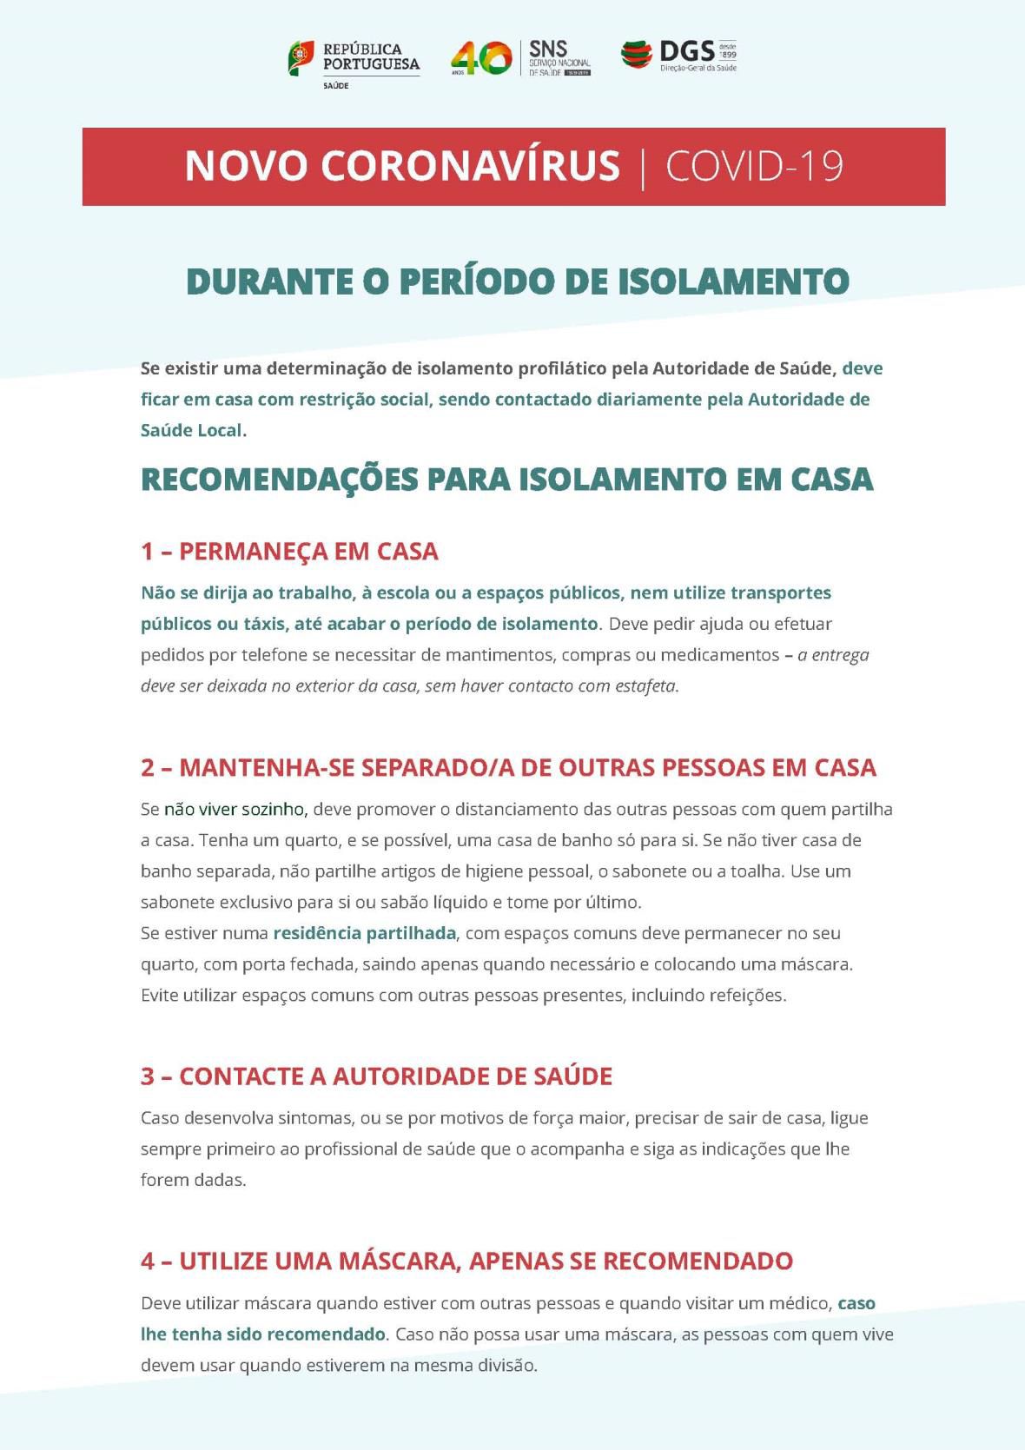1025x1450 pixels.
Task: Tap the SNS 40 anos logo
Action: (520, 58)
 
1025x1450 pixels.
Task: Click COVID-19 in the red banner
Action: (754, 166)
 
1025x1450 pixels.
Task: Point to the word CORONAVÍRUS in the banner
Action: (470, 166)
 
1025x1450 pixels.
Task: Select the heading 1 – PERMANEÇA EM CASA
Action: (289, 552)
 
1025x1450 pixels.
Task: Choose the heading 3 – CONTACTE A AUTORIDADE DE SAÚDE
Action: (376, 1076)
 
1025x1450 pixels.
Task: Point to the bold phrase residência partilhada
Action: (364, 933)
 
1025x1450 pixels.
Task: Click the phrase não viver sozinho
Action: (234, 810)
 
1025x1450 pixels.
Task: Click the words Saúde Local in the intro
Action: (191, 430)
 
